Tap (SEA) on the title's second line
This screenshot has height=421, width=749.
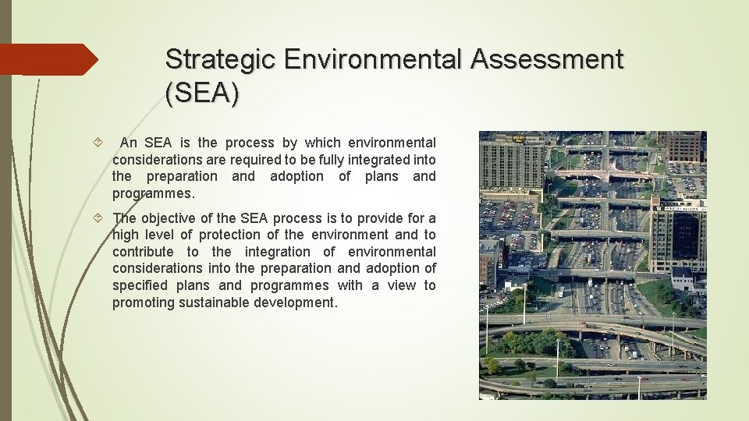click(202, 94)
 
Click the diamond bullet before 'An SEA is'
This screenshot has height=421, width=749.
click(96, 143)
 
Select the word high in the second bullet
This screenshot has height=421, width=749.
click(127, 235)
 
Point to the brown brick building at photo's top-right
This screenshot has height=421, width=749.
click(684, 146)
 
